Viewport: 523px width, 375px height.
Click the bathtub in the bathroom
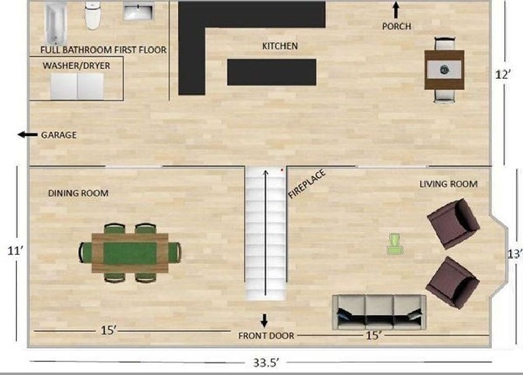click(56, 24)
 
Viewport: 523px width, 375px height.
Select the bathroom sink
click(138, 11)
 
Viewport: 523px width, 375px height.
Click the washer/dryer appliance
click(77, 86)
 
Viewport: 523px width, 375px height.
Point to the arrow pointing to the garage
click(28, 135)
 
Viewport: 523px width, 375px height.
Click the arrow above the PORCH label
click(396, 10)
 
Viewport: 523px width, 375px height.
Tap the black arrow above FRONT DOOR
click(264, 321)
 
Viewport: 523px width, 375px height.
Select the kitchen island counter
click(272, 72)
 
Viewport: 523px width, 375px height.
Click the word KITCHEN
click(280, 46)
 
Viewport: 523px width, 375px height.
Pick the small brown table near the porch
click(444, 69)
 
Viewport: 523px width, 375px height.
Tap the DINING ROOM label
click(78, 193)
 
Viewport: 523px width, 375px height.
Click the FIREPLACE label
click(306, 184)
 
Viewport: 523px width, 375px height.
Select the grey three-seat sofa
click(379, 312)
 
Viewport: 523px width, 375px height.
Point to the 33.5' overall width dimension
click(266, 363)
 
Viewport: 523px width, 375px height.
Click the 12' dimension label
click(503, 75)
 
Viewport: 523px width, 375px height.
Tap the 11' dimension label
click(15, 250)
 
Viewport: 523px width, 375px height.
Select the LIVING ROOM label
click(448, 184)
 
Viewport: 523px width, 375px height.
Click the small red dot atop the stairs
click(282, 170)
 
